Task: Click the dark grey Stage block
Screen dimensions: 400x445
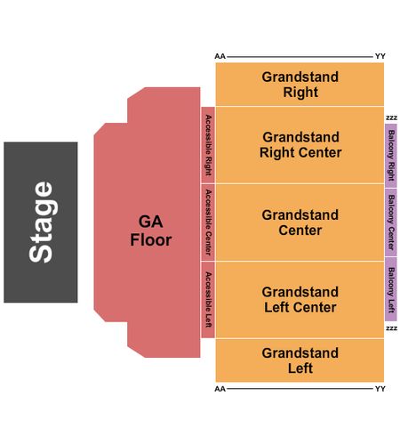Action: point(41,222)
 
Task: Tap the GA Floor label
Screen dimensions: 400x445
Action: point(151,231)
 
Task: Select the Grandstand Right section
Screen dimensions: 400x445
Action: point(300,85)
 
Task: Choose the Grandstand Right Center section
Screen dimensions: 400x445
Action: point(300,145)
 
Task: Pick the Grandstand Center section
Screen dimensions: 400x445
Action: point(300,222)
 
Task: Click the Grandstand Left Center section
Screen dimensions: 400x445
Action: point(300,300)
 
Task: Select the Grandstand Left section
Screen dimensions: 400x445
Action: point(300,360)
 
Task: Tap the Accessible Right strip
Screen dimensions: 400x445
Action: point(208,145)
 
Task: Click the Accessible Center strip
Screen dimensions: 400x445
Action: point(208,222)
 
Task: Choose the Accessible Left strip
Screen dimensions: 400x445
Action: point(208,300)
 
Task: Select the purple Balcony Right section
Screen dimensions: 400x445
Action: point(391,156)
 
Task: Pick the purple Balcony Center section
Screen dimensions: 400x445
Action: point(391,222)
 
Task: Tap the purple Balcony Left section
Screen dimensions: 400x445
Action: point(391,289)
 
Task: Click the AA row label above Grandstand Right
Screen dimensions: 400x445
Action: point(220,56)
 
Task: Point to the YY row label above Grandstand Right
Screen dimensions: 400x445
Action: point(380,56)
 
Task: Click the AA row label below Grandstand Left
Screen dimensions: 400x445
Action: point(220,389)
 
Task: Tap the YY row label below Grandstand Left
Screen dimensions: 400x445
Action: point(380,389)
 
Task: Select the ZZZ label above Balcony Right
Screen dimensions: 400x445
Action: point(391,118)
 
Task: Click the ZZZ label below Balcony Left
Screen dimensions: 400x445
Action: point(391,328)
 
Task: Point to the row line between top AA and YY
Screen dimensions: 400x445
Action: point(300,56)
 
